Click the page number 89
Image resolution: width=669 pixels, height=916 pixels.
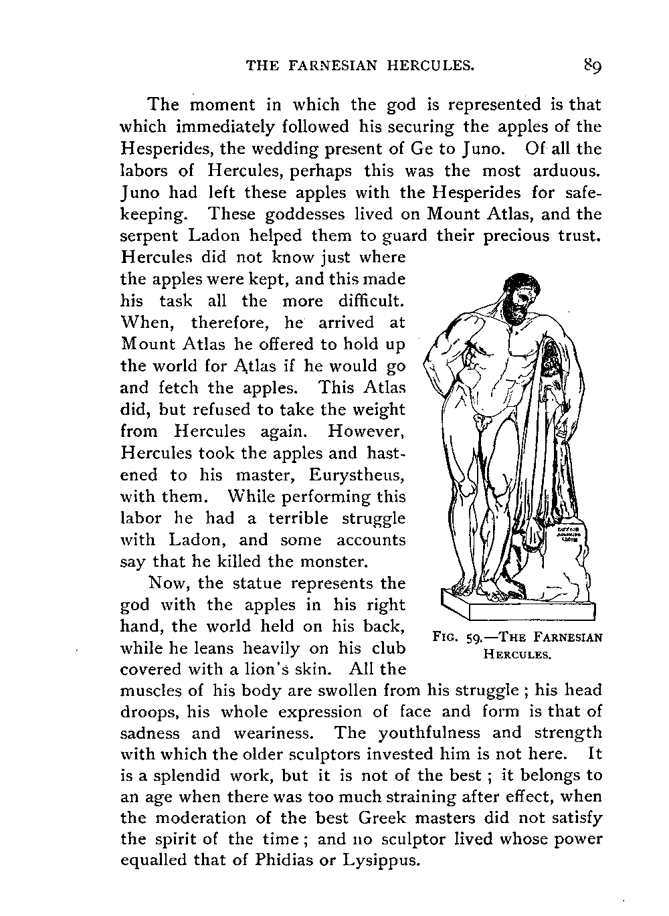(593, 65)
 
